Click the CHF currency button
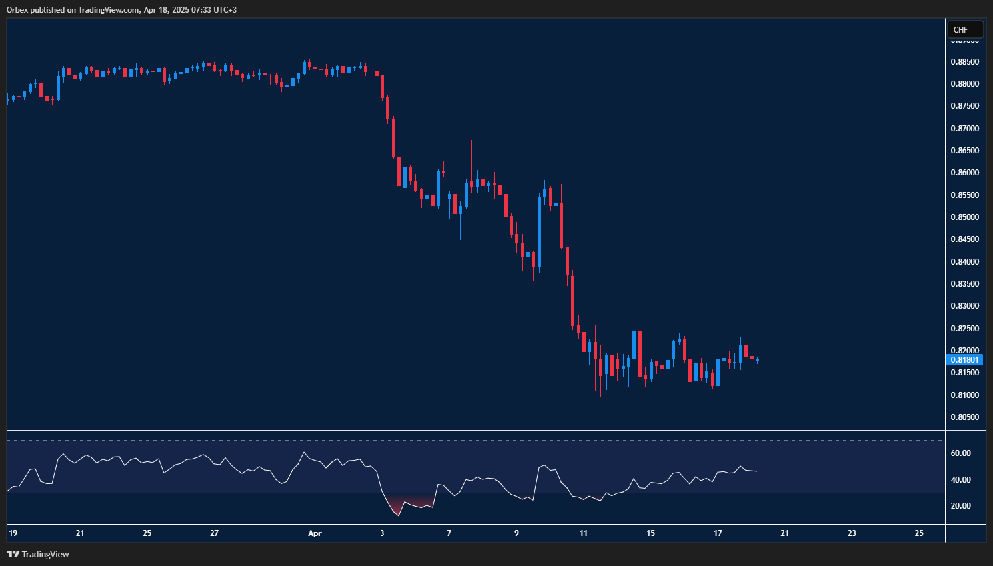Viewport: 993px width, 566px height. [x=964, y=29]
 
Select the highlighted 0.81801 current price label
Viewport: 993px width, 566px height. [x=964, y=360]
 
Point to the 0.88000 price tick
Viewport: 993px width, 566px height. [x=964, y=84]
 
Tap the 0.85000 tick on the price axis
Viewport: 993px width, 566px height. [x=964, y=217]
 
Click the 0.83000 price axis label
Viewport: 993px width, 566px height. [x=964, y=306]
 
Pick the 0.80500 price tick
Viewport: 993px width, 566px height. [x=964, y=417]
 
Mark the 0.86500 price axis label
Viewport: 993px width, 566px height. [x=964, y=151]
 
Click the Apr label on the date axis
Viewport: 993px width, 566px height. [x=315, y=533]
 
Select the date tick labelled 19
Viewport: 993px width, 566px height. [x=13, y=533]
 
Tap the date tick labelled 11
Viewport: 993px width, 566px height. [x=584, y=533]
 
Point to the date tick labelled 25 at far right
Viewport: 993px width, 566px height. [x=919, y=533]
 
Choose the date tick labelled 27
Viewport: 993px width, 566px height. [x=214, y=533]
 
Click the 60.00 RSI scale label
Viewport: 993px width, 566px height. [x=960, y=453]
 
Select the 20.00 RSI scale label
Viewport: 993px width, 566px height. [x=960, y=506]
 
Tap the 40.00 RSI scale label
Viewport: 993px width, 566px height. [x=960, y=480]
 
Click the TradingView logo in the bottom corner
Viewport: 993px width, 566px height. [x=38, y=554]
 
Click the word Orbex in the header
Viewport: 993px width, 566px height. [x=17, y=10]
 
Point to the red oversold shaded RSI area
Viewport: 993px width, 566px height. [x=400, y=505]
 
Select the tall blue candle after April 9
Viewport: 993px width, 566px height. [x=539, y=230]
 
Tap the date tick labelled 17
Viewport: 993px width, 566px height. [x=718, y=533]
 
